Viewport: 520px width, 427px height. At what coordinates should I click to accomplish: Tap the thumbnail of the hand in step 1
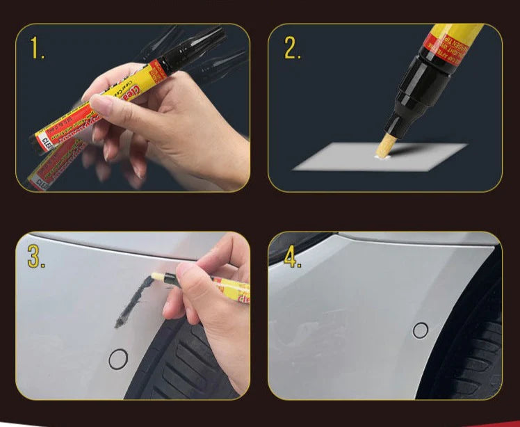pos(101,105)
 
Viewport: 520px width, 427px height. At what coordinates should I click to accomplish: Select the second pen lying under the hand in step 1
pos(56,164)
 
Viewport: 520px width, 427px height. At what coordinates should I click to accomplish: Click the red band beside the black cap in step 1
pos(156,70)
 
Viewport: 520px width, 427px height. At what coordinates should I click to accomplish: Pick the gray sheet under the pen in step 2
pos(417,156)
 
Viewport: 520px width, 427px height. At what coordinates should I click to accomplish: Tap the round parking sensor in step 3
pos(118,360)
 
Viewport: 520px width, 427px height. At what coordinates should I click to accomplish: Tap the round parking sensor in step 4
pos(421,330)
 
